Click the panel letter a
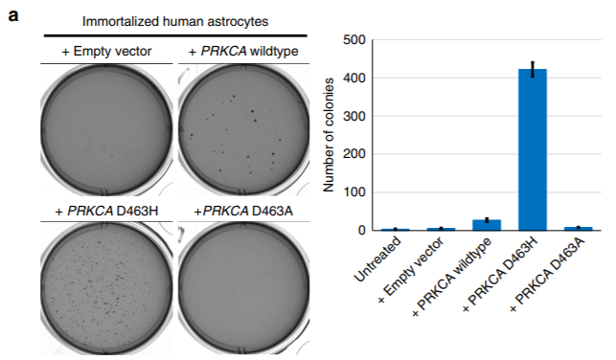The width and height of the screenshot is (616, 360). [13, 16]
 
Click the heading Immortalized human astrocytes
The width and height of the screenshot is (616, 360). [175, 21]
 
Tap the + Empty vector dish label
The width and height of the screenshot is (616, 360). [106, 51]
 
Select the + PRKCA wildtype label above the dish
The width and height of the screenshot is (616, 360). [243, 51]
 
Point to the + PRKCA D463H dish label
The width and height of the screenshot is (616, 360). [106, 212]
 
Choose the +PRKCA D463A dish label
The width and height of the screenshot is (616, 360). [243, 212]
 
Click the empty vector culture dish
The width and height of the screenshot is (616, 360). [106, 130]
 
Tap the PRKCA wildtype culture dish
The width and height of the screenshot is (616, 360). [244, 130]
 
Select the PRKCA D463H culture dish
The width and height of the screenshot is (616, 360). [106, 288]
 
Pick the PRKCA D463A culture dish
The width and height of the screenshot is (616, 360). [244, 288]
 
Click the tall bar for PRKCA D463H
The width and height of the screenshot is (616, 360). [533, 149]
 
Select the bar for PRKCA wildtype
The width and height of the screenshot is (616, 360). [487, 225]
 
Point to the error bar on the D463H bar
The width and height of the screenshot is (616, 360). [533, 69]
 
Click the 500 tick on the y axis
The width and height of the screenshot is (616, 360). [354, 40]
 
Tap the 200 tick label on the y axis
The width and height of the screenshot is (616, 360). [354, 154]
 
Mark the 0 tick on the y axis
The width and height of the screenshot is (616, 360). [362, 230]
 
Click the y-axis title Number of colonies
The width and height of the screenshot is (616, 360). [329, 135]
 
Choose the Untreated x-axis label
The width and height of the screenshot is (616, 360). [377, 259]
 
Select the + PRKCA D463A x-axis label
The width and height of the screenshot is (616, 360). [548, 274]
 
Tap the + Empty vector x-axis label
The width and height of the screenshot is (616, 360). [411, 270]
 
